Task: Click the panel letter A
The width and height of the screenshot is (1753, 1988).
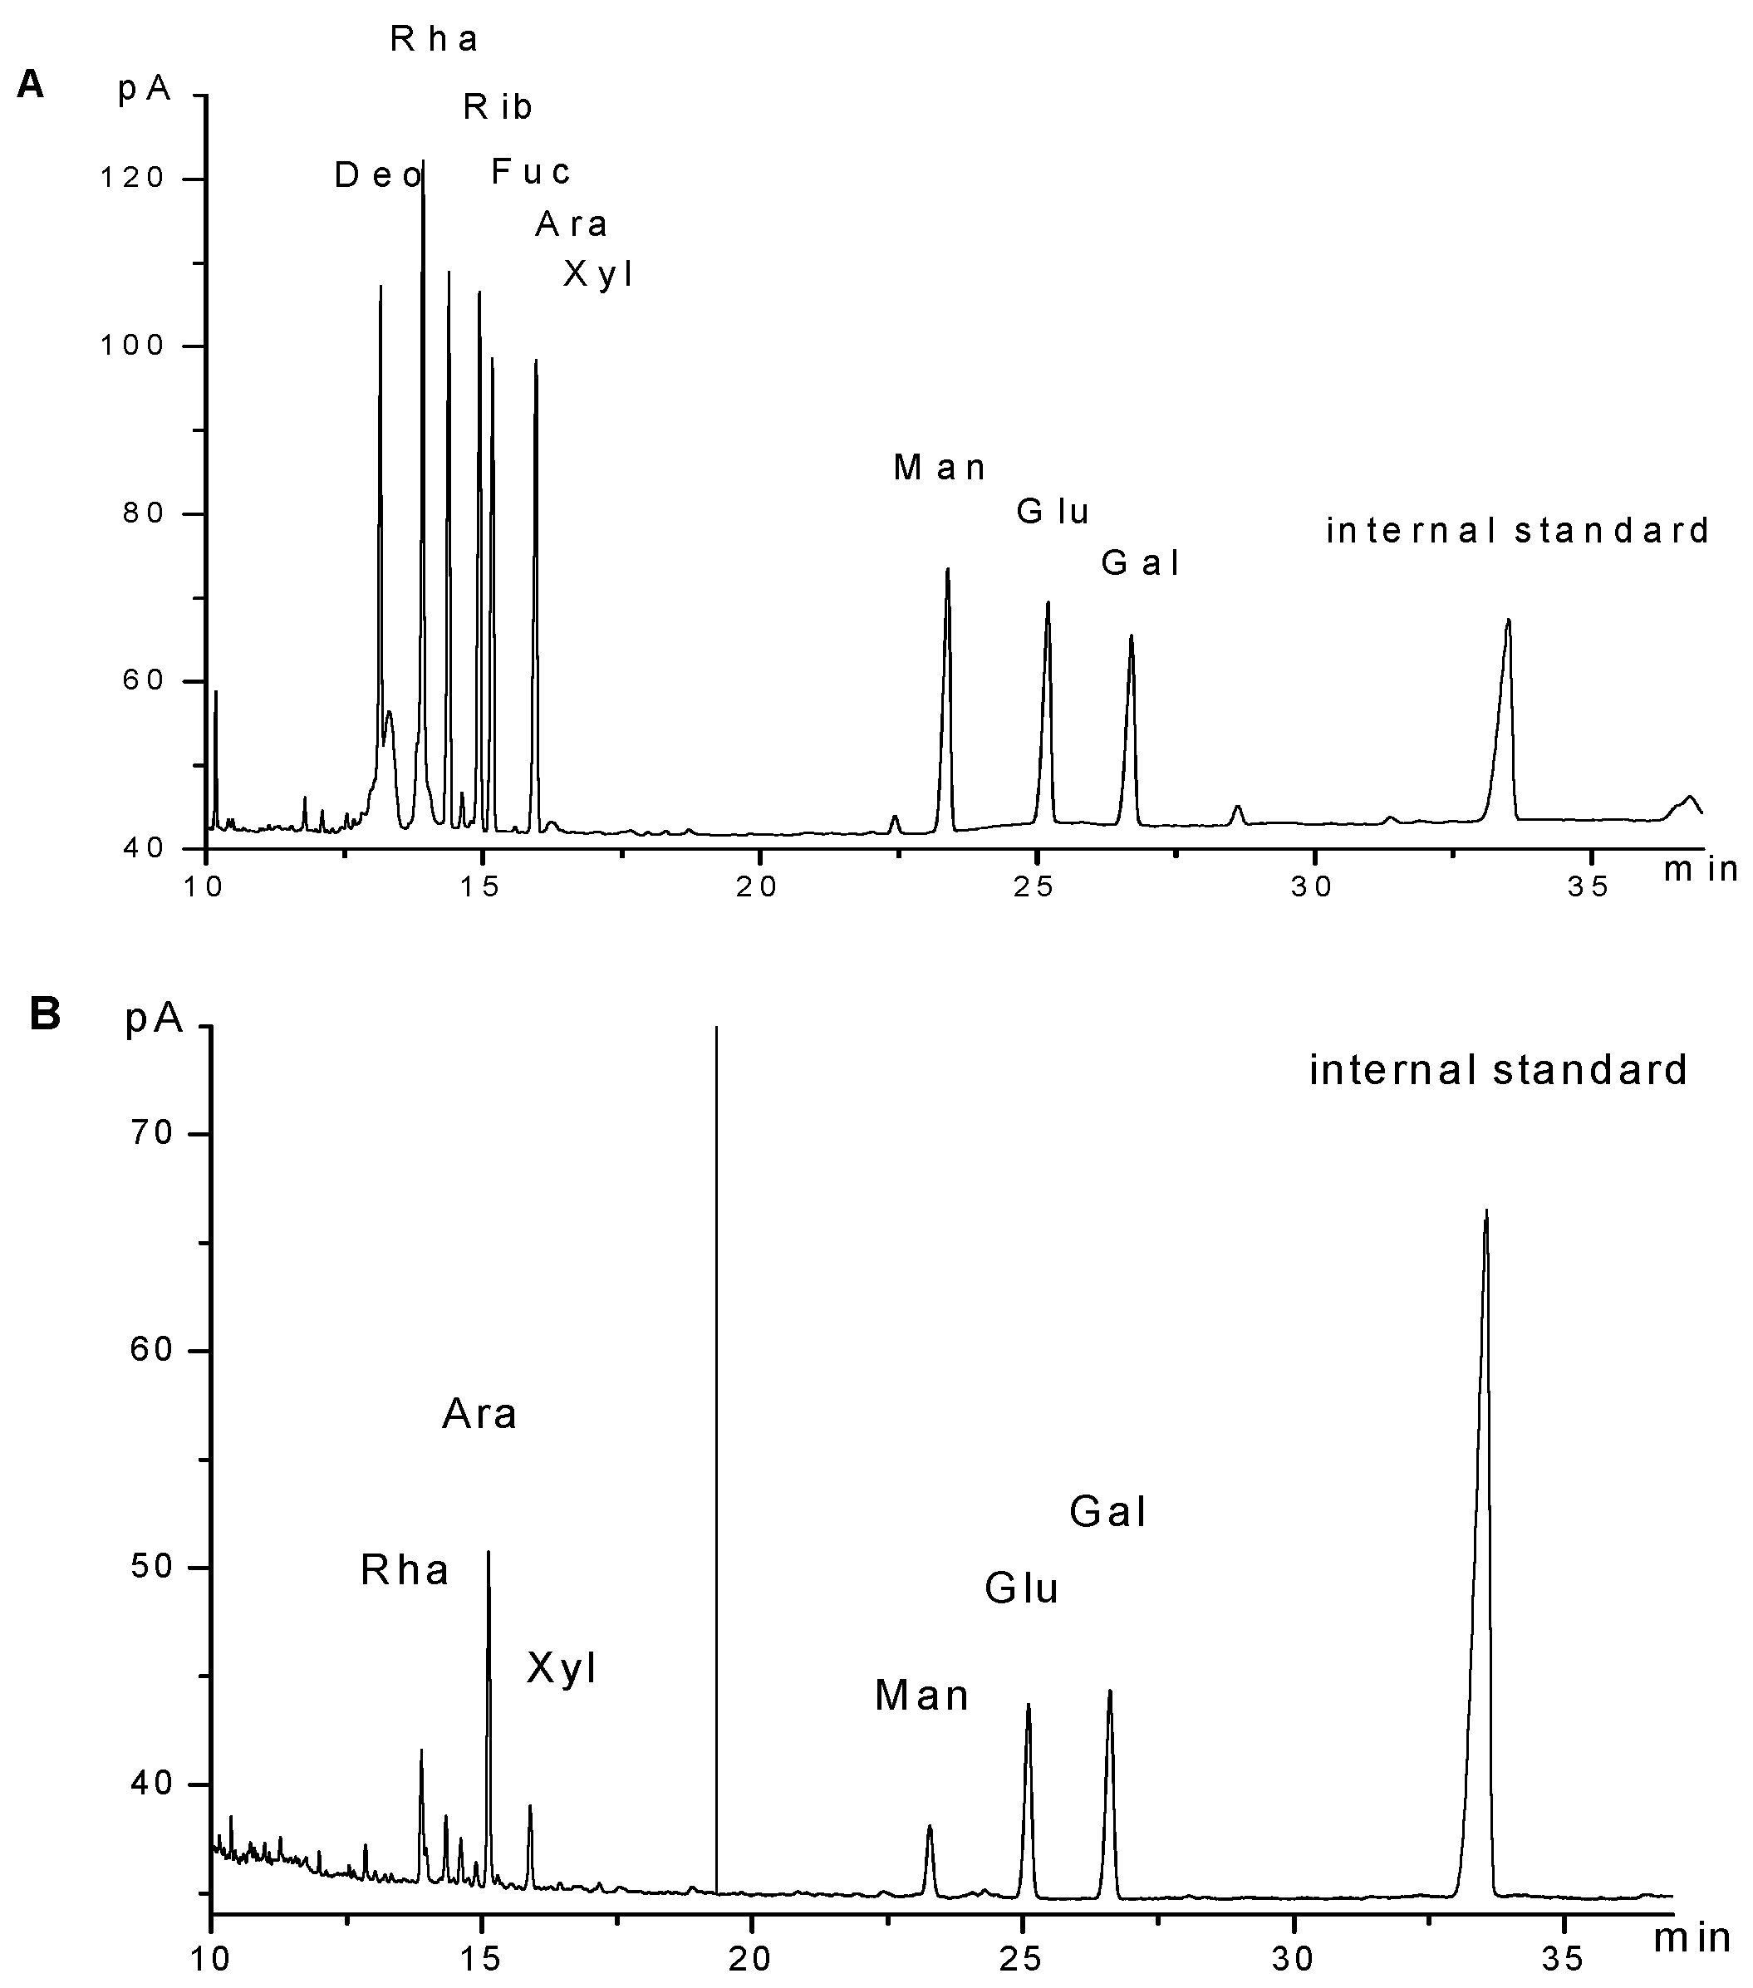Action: click(30, 86)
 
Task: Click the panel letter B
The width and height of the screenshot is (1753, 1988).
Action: click(45, 1014)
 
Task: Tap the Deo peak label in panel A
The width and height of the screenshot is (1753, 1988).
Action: click(377, 175)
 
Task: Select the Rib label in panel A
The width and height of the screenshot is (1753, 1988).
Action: click(497, 107)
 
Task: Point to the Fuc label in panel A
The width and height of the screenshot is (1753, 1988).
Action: click(530, 172)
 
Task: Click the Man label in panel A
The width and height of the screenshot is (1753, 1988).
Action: click(940, 468)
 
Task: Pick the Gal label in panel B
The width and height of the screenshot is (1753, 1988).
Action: click(1107, 1511)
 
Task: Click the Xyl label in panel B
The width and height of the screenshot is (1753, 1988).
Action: click(562, 1667)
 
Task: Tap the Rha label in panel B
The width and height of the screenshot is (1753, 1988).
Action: click(405, 1570)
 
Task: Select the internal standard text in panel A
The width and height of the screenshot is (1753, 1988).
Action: click(1518, 530)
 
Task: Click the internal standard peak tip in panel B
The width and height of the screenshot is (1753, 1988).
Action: click(1486, 1212)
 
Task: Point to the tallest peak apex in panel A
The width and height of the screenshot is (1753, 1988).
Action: click(422, 161)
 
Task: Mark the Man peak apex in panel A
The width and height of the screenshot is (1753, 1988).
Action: click(946, 569)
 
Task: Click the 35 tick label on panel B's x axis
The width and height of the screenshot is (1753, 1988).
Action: click(1564, 1952)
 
